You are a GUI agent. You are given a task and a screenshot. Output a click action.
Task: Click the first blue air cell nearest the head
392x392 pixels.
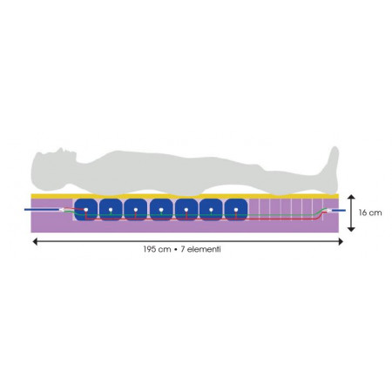pyautogui.click(x=85, y=210)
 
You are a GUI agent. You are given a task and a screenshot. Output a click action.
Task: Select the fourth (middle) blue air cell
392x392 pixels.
pyautogui.click(x=161, y=210)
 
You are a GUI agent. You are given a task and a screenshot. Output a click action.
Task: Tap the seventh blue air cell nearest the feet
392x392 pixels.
pyautogui.click(x=236, y=210)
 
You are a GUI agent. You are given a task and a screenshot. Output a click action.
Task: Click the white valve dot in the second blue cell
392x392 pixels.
pyautogui.click(x=111, y=210)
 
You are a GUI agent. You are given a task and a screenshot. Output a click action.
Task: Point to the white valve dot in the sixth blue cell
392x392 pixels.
pyautogui.click(x=211, y=210)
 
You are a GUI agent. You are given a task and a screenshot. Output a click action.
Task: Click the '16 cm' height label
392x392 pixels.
pyautogui.click(x=370, y=213)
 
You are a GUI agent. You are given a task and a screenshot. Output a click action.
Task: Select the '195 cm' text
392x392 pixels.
pyautogui.click(x=157, y=249)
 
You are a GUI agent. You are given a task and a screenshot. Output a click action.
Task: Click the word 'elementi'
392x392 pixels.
pyautogui.click(x=204, y=249)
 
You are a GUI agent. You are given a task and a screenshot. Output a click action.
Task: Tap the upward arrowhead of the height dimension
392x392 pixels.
pyautogui.click(x=351, y=197)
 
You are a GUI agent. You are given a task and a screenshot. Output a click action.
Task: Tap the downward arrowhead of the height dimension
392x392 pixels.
pyautogui.click(x=351, y=229)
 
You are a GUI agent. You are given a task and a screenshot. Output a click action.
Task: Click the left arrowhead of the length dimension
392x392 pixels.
pyautogui.click(x=35, y=241)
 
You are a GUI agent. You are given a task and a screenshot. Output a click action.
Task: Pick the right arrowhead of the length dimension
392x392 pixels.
pyautogui.click(x=341, y=241)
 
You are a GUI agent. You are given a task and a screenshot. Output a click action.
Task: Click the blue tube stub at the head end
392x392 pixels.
pyautogui.click(x=42, y=209)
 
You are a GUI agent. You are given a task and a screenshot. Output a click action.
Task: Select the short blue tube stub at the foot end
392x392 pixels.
pyautogui.click(x=339, y=210)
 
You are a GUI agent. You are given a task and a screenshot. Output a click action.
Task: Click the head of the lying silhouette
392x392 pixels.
pyautogui.click(x=52, y=168)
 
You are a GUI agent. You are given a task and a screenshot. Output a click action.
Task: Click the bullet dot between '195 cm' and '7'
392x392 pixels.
pyautogui.click(x=176, y=249)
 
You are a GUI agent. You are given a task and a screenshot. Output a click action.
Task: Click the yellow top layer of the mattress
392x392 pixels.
pyautogui.click(x=185, y=196)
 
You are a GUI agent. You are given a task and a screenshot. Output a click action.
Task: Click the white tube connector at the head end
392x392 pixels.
pyautogui.click(x=62, y=210)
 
